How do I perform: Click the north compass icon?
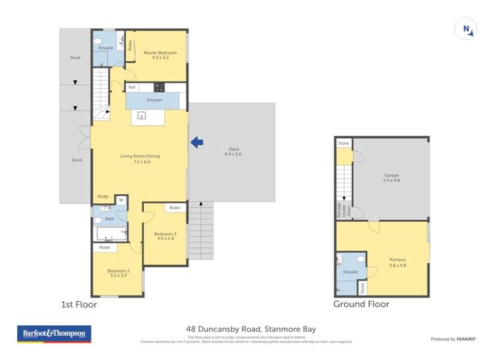coord(466,28)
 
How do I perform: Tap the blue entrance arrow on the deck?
coord(196,141)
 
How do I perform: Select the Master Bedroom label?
coord(156,55)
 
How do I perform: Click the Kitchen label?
coord(154,100)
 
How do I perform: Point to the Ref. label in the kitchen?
coord(132,87)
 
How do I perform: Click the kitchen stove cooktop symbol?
coord(159,87)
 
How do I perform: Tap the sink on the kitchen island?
coord(141,116)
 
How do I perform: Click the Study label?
coord(103,196)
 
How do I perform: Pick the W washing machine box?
coord(121,200)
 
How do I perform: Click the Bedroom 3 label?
coord(165,236)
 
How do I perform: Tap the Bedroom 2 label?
coord(119,273)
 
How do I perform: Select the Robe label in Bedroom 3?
coord(175,207)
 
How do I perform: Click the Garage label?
coord(392,177)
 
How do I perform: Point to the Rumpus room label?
coord(397,262)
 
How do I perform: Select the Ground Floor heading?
coord(361,304)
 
